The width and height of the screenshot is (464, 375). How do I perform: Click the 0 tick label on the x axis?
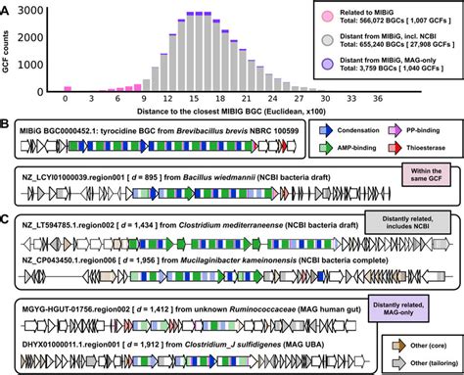pyautogui.click(x=66, y=99)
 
